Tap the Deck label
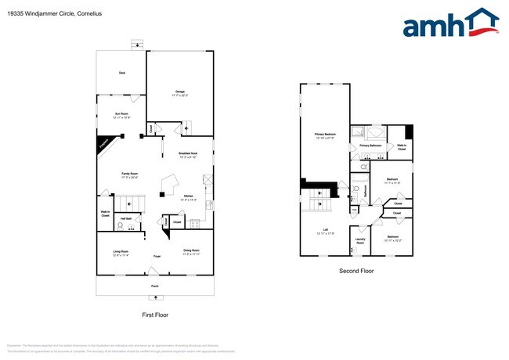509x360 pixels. point(121,73)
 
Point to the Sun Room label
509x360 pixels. point(121,115)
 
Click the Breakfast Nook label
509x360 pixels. point(188,155)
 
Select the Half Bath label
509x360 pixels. point(125,218)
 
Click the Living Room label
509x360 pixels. point(120,252)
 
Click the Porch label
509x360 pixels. point(155,286)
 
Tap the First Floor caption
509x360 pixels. point(155,315)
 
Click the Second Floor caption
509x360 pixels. point(356,271)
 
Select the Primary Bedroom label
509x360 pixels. point(325,135)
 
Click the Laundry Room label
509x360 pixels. point(360,242)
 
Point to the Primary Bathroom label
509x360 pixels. point(370,146)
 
